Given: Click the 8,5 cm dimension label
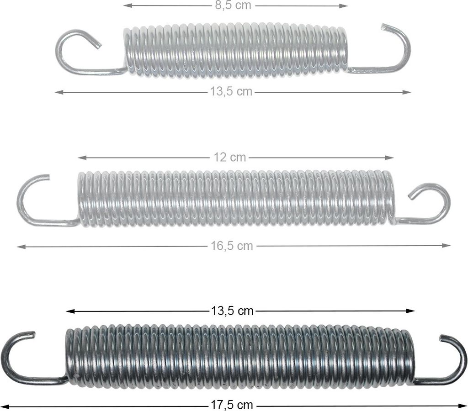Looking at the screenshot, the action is [x=233, y=5].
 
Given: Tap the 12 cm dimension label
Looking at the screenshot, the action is [x=230, y=157].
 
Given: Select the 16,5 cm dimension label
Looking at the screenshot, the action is [x=232, y=246].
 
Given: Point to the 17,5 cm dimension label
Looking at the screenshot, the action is [x=232, y=405].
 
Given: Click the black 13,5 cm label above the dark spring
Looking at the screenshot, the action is [x=232, y=311].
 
